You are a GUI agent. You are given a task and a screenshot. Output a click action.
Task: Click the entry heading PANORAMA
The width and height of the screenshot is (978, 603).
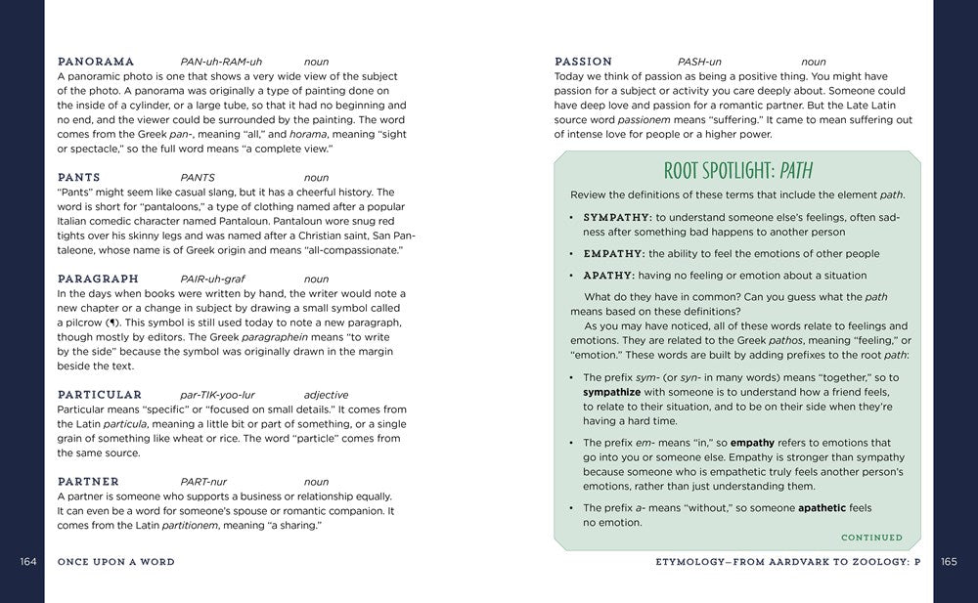(x=96, y=62)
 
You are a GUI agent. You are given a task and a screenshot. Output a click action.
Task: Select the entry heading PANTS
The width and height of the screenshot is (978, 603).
(x=78, y=178)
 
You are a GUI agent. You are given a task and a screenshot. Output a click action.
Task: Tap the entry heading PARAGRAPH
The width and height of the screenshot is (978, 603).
(x=98, y=279)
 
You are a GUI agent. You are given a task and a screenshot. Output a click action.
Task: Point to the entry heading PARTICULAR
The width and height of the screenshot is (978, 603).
(x=102, y=395)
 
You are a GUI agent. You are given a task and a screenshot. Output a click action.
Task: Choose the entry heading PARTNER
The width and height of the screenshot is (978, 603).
(x=88, y=482)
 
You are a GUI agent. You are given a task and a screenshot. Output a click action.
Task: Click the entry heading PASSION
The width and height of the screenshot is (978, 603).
(x=583, y=62)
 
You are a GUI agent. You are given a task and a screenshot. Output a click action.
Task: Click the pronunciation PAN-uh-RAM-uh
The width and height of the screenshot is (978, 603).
(x=221, y=62)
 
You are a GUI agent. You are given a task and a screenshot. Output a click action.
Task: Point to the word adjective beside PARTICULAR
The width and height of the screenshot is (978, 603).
(x=326, y=395)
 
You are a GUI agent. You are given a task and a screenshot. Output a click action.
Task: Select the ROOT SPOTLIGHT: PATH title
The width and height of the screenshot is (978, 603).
(x=737, y=172)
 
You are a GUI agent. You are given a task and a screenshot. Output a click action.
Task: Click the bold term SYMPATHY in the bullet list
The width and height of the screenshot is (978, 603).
(x=616, y=217)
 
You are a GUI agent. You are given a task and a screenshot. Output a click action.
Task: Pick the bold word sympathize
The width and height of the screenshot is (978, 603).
(x=612, y=392)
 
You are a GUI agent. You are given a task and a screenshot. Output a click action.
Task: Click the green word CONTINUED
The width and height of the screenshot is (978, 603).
(x=871, y=538)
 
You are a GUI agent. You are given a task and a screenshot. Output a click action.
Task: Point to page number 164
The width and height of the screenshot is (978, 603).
(x=27, y=562)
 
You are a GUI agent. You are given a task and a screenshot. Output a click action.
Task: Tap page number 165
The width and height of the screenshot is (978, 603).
(x=949, y=562)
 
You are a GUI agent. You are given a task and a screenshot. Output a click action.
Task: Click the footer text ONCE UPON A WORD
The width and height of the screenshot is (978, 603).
(x=115, y=562)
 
